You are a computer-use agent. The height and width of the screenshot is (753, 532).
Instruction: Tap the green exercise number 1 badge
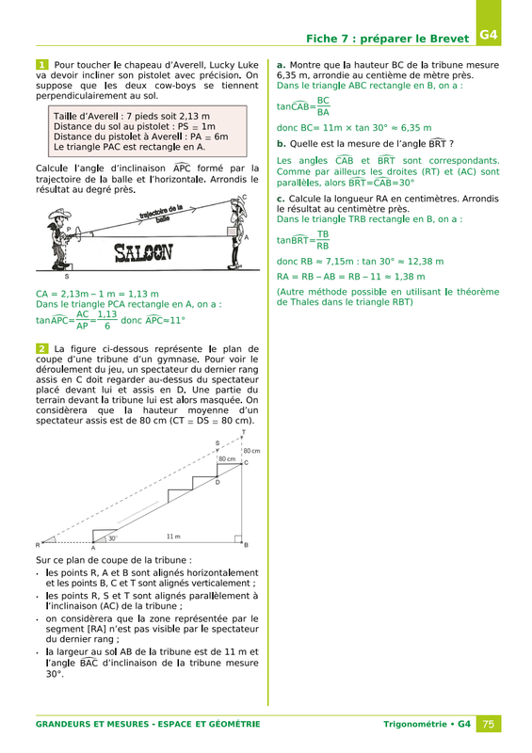coord(41,65)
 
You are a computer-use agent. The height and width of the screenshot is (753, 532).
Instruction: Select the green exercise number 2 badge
coord(41,349)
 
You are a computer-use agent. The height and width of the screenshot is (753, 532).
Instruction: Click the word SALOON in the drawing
coord(143,252)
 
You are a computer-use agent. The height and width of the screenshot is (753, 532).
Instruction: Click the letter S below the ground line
coord(67,276)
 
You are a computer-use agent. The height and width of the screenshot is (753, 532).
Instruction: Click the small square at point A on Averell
coord(233,232)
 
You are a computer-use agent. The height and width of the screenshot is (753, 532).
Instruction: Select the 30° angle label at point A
coord(112,538)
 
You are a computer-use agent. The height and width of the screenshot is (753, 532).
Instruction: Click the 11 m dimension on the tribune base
coord(173,536)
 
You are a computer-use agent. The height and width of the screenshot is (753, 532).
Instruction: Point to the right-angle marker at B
coord(238,538)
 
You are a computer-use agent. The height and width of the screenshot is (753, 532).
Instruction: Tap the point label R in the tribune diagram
coord(38,545)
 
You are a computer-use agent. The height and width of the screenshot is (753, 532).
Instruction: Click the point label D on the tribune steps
coord(218,482)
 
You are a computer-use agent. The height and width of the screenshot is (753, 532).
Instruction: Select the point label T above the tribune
coord(244,432)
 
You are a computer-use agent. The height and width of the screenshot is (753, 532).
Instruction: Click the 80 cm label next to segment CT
coord(251,451)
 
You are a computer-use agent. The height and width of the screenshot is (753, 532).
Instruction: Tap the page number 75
coord(489,724)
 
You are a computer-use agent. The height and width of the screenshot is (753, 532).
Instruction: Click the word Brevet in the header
coord(449,39)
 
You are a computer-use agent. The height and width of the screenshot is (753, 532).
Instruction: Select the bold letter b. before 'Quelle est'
coord(282,144)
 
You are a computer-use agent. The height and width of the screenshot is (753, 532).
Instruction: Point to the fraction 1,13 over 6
coord(107,320)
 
